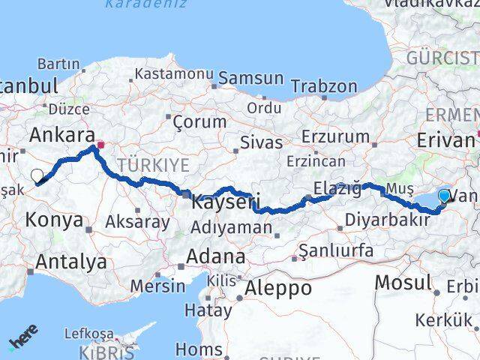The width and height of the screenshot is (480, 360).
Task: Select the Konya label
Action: point(54,220)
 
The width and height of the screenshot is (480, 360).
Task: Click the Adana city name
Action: point(215,256)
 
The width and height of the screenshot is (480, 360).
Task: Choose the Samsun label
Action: point(251,78)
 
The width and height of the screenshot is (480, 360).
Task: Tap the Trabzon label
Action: point(324,86)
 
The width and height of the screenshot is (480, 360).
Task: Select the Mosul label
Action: point(403,282)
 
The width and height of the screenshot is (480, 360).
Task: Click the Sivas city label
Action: point(262,142)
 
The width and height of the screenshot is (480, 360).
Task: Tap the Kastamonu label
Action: point(175,74)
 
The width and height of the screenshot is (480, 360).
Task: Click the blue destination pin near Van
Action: point(444,196)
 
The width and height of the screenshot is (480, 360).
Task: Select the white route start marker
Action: point(37,176)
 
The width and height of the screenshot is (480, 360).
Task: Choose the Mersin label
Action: point(157,286)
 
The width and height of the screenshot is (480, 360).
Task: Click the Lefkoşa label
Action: point(88,333)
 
